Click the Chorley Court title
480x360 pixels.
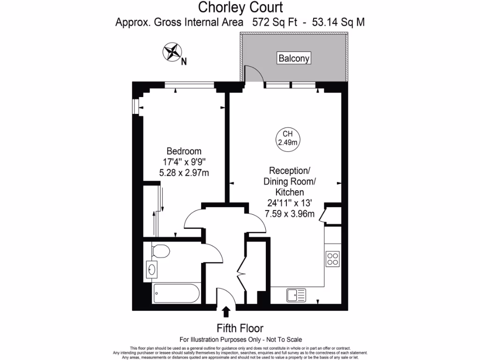[x=240, y=7]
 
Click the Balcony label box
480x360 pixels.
[x=294, y=59]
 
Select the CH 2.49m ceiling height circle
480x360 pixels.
[x=288, y=138]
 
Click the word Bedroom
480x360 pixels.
[x=184, y=151]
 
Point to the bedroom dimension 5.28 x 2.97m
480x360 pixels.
[x=184, y=173]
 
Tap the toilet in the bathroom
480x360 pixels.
[x=160, y=252]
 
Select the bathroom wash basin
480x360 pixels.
[x=151, y=270]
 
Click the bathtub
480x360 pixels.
[x=176, y=295]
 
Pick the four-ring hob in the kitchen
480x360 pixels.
[x=333, y=259]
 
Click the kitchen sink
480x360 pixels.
[x=295, y=295]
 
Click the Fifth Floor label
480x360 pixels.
[x=240, y=328]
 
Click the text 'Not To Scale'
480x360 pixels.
[x=283, y=339]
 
